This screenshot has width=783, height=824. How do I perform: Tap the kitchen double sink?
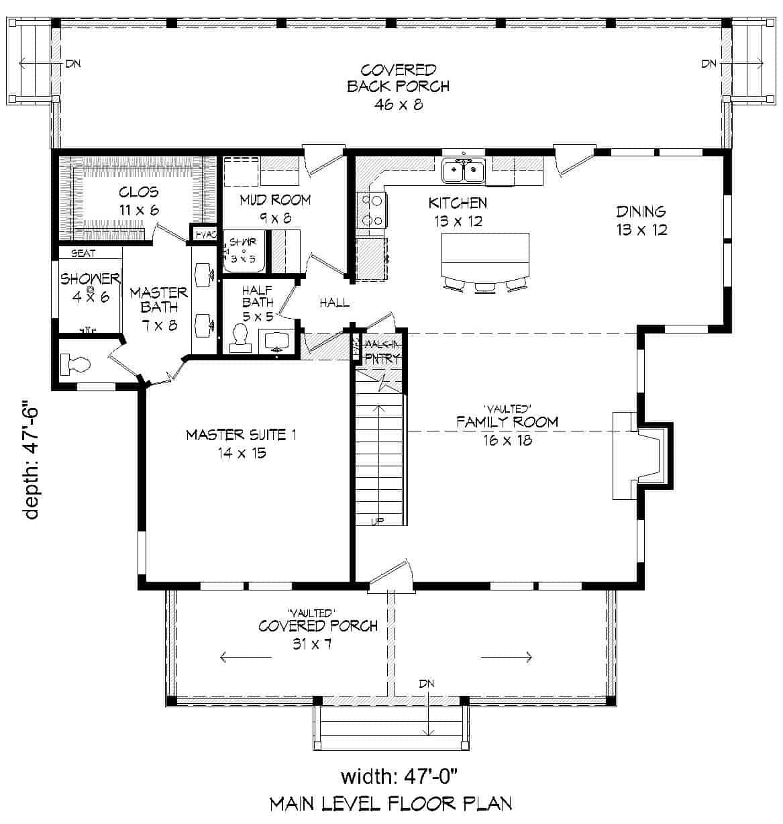(x=464, y=172)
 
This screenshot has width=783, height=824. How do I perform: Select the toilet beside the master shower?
(x=75, y=364)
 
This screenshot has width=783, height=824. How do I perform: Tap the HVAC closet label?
(x=203, y=234)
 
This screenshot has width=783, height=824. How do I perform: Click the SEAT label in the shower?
(x=83, y=253)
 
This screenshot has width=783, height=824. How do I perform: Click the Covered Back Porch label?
(x=398, y=87)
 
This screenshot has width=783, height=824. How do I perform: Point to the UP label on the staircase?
(x=377, y=521)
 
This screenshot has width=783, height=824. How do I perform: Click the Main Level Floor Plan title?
(x=390, y=803)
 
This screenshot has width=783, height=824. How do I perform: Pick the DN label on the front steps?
(x=427, y=684)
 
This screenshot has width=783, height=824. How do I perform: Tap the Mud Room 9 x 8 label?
(x=275, y=207)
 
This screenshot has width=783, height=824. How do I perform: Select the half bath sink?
(x=277, y=341)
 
